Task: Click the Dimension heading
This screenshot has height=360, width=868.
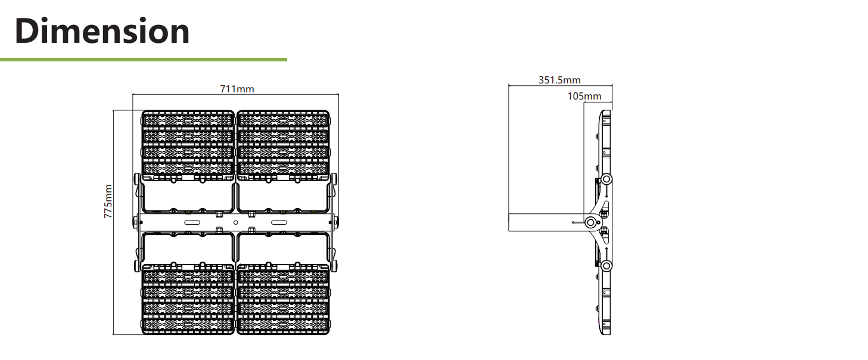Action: pos(102,31)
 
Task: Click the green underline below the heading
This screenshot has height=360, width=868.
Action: pos(144,59)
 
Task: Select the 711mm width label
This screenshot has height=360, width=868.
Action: pos(237,89)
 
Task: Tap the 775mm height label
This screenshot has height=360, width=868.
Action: pos(108,201)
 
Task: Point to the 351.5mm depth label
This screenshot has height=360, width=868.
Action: pos(559,80)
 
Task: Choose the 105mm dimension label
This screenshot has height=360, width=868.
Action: pos(584,96)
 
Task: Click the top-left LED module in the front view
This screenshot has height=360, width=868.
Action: pos(188,145)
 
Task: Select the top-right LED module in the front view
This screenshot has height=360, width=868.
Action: pos(283,145)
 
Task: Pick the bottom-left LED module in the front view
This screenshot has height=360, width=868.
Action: pos(188,299)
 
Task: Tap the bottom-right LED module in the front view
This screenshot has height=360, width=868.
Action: pos(283,299)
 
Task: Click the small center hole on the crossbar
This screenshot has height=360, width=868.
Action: pos(235,222)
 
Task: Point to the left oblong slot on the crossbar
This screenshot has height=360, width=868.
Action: pos(192,222)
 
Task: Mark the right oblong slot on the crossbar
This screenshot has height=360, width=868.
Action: pos(279,222)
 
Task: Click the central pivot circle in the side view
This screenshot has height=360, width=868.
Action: pos(590,222)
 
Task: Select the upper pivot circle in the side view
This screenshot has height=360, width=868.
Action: pos(606,179)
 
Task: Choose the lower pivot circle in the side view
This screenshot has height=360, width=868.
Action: pos(606,266)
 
